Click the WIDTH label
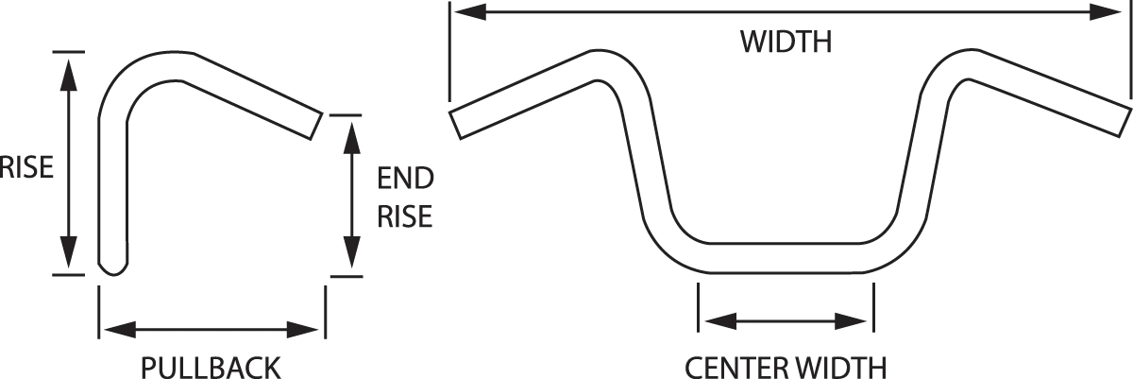786,42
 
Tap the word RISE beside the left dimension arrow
26,167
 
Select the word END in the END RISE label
405,179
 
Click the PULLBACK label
211,368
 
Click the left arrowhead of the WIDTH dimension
470,12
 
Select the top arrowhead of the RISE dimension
69,75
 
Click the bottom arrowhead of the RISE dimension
69,252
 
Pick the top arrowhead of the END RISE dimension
351,137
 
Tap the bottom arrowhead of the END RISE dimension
351,253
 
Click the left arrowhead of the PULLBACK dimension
121,330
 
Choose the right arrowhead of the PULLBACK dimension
302,330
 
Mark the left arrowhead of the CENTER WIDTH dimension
720,320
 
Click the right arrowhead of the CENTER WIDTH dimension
851,320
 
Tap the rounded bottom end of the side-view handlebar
112,268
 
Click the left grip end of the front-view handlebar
455,125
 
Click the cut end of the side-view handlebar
316,126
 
